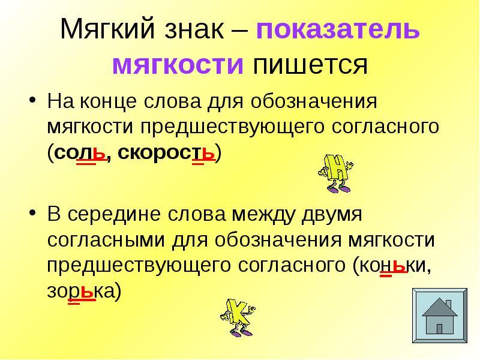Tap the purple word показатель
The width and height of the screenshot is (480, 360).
pos(338,30)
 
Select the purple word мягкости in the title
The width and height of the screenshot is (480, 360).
pos(178,65)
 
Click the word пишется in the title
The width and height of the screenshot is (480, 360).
pos(310,65)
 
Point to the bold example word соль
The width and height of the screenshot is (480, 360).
pos(80,152)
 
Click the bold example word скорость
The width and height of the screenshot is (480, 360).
pos(167,152)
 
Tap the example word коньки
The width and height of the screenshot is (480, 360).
pos(394,266)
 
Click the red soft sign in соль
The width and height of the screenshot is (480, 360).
pos(99,153)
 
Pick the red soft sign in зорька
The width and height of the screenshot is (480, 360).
pos(88,292)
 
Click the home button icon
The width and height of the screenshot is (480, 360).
pos(440,316)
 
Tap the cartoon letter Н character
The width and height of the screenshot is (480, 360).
pos(336,173)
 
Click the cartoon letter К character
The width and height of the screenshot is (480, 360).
pos(238,317)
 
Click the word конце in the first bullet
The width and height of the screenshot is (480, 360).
pos(108,102)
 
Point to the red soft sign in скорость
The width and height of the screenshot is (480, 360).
pos(208,153)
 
